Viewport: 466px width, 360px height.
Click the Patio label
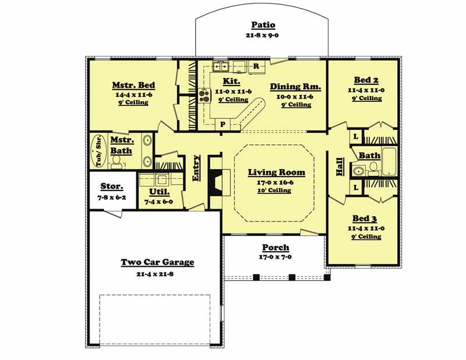click(263, 24)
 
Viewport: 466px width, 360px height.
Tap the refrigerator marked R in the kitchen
click(256, 66)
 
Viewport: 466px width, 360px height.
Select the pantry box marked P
click(223, 124)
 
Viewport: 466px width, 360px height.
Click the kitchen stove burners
click(204, 96)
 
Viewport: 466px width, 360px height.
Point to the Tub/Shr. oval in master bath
click(98, 151)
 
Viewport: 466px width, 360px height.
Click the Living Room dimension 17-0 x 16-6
click(275, 182)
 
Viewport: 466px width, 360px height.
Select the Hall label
click(340, 167)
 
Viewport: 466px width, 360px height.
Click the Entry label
click(196, 168)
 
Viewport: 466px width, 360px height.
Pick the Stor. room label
click(112, 186)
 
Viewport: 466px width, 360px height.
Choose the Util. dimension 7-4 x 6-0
click(158, 202)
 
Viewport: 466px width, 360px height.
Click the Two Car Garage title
click(157, 262)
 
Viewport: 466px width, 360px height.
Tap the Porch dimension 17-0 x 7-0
click(275, 257)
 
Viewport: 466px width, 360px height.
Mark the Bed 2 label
click(366, 80)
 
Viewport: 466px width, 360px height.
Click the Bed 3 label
click(365, 218)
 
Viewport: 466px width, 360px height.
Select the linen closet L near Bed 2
click(355, 137)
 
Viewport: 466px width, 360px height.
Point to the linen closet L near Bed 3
click(356, 188)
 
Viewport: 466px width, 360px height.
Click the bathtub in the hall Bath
click(389, 161)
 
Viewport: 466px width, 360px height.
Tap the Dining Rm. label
click(295, 87)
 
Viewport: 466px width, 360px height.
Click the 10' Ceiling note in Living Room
click(274, 190)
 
